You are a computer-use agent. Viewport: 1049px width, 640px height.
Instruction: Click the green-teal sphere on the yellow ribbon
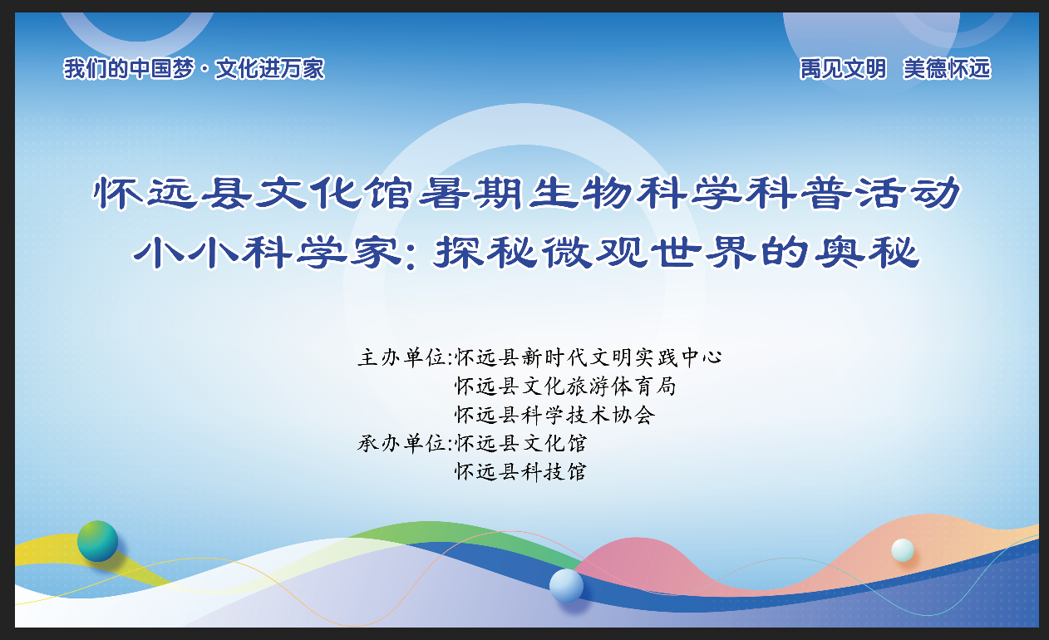point(97,541)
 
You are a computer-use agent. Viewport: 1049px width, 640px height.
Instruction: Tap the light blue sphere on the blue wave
point(566,586)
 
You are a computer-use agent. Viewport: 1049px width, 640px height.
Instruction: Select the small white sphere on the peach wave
point(903,550)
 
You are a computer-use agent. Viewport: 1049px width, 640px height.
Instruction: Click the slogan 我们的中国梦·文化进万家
point(194,69)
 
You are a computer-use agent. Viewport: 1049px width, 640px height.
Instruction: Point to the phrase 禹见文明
point(843,69)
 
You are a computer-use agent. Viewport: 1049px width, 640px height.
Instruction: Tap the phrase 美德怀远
point(947,69)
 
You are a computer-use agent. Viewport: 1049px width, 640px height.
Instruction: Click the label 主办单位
point(401,357)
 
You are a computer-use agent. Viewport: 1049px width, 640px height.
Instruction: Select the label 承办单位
point(401,443)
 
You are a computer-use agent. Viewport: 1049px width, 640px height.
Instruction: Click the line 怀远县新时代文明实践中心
point(589,357)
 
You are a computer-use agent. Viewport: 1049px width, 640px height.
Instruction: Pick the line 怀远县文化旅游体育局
point(565,386)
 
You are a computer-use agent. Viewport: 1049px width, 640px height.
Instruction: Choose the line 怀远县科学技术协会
point(554,415)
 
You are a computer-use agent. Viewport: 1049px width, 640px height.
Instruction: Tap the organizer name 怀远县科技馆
point(520,472)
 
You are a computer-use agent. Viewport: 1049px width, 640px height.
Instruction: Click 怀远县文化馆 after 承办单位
point(520,443)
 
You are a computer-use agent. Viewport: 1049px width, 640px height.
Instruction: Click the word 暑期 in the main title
point(470,193)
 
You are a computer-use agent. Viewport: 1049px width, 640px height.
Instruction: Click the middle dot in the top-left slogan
point(204,69)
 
